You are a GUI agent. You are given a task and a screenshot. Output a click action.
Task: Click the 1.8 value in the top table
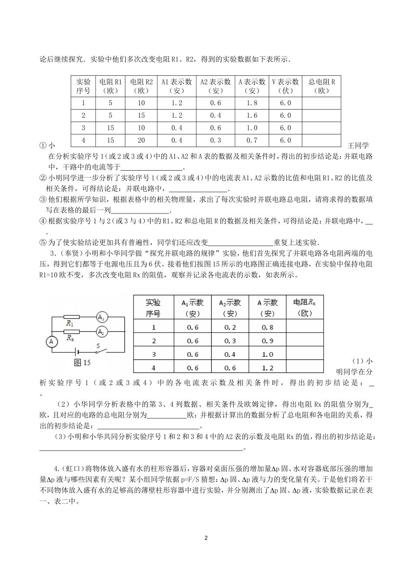[x=252, y=103]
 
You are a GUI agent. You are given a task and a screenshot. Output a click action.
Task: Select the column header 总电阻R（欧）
[x=321, y=86]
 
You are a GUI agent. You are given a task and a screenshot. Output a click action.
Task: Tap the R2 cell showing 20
[x=141, y=140]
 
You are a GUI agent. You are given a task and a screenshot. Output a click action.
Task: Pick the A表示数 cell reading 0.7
[x=252, y=140]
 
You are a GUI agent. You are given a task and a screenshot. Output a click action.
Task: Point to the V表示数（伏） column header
[x=285, y=86]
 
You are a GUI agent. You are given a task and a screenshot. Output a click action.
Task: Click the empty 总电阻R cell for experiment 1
[x=321, y=103]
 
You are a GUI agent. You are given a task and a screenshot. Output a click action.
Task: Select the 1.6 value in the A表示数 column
[x=252, y=116]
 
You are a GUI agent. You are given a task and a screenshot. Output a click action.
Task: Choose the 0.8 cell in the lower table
[x=268, y=327]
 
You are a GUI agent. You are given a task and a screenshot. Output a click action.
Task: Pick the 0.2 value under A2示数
[x=230, y=327]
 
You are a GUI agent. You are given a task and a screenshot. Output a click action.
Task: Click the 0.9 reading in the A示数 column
[x=268, y=341]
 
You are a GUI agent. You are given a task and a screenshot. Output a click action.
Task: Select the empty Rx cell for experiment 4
[x=305, y=368]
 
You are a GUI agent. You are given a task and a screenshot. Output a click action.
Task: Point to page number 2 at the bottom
[x=206, y=538]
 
